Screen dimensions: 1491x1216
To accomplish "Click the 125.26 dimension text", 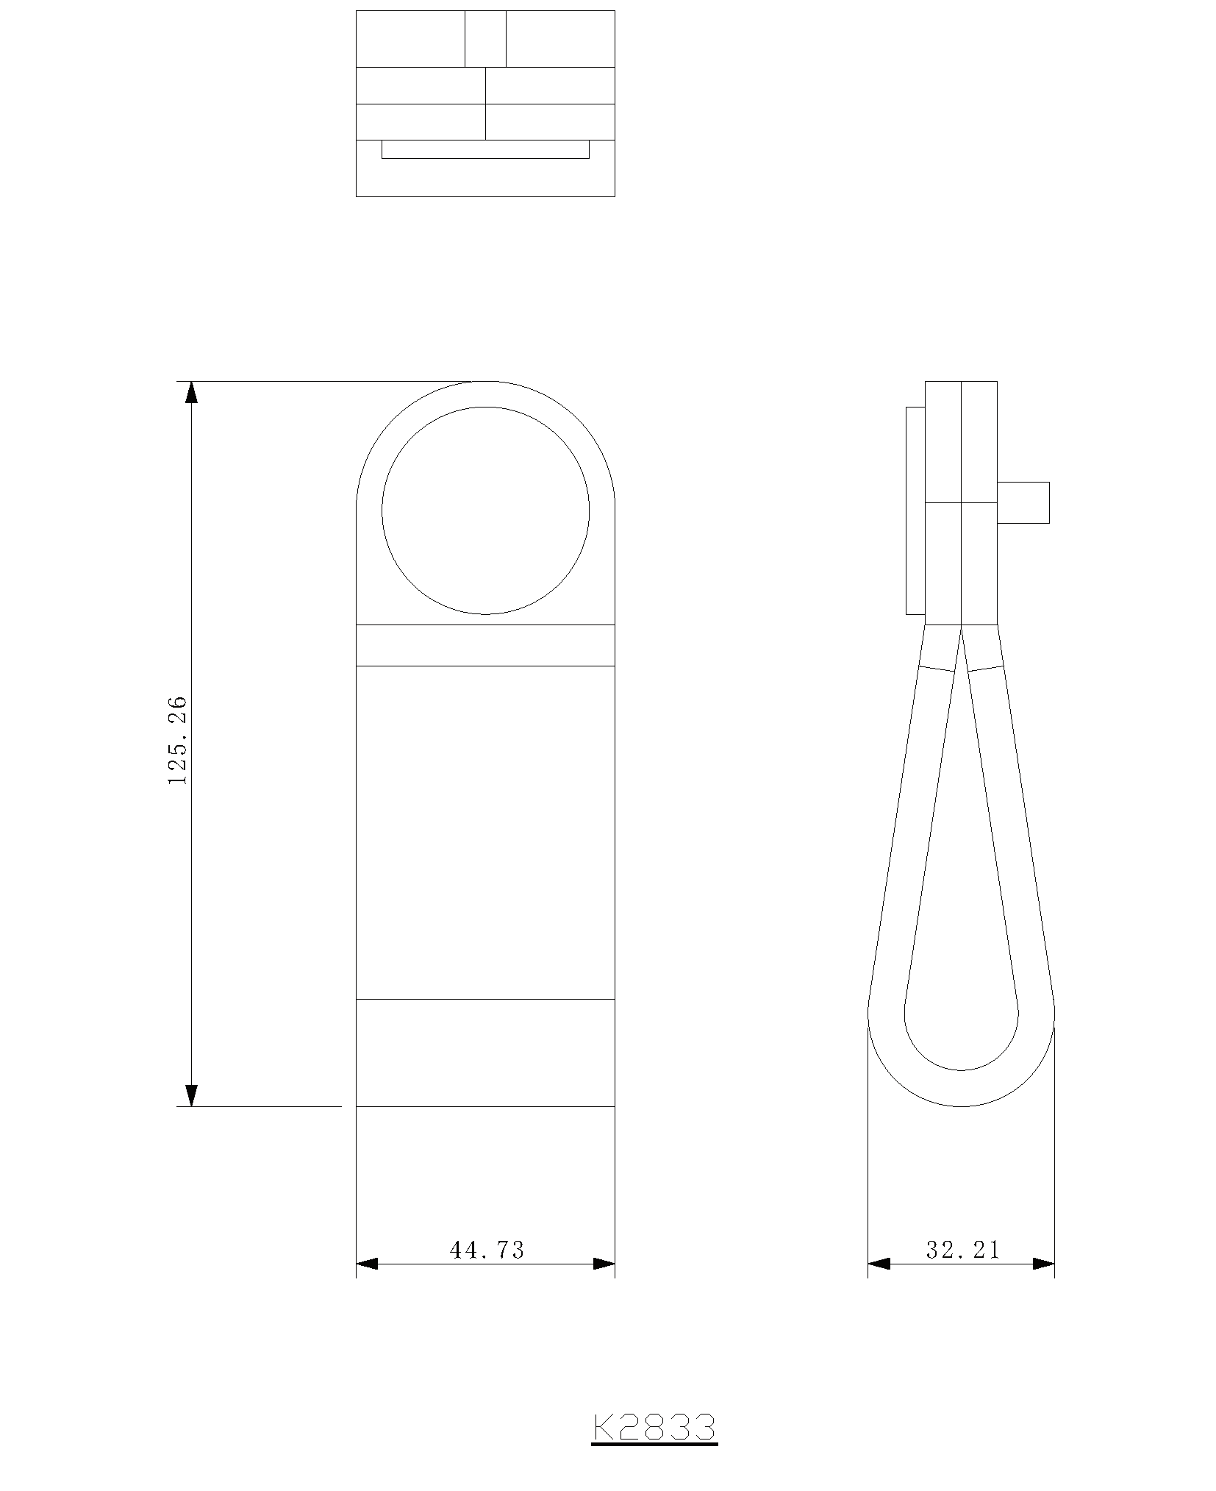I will tap(178, 740).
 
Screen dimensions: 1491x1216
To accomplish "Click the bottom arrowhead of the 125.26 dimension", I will tap(191, 1095).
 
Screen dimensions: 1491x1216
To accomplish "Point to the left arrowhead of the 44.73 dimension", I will tap(367, 1264).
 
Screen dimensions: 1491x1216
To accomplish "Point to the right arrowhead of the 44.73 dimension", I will tap(604, 1264).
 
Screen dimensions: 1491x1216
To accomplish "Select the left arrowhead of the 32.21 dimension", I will tap(879, 1264).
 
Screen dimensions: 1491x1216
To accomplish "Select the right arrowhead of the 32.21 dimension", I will tap(1043, 1264).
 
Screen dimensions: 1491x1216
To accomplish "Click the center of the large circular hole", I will tap(485, 510).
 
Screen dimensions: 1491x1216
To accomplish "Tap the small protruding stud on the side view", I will tap(1023, 502).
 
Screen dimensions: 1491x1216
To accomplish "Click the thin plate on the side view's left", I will tap(915, 510).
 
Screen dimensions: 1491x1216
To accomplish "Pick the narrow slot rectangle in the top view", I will tap(485, 149).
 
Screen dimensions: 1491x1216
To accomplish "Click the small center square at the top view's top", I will tap(485, 38).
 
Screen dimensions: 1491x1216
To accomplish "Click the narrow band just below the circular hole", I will tap(485, 645).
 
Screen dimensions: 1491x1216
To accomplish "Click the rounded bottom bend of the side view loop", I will tap(961, 1088).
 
